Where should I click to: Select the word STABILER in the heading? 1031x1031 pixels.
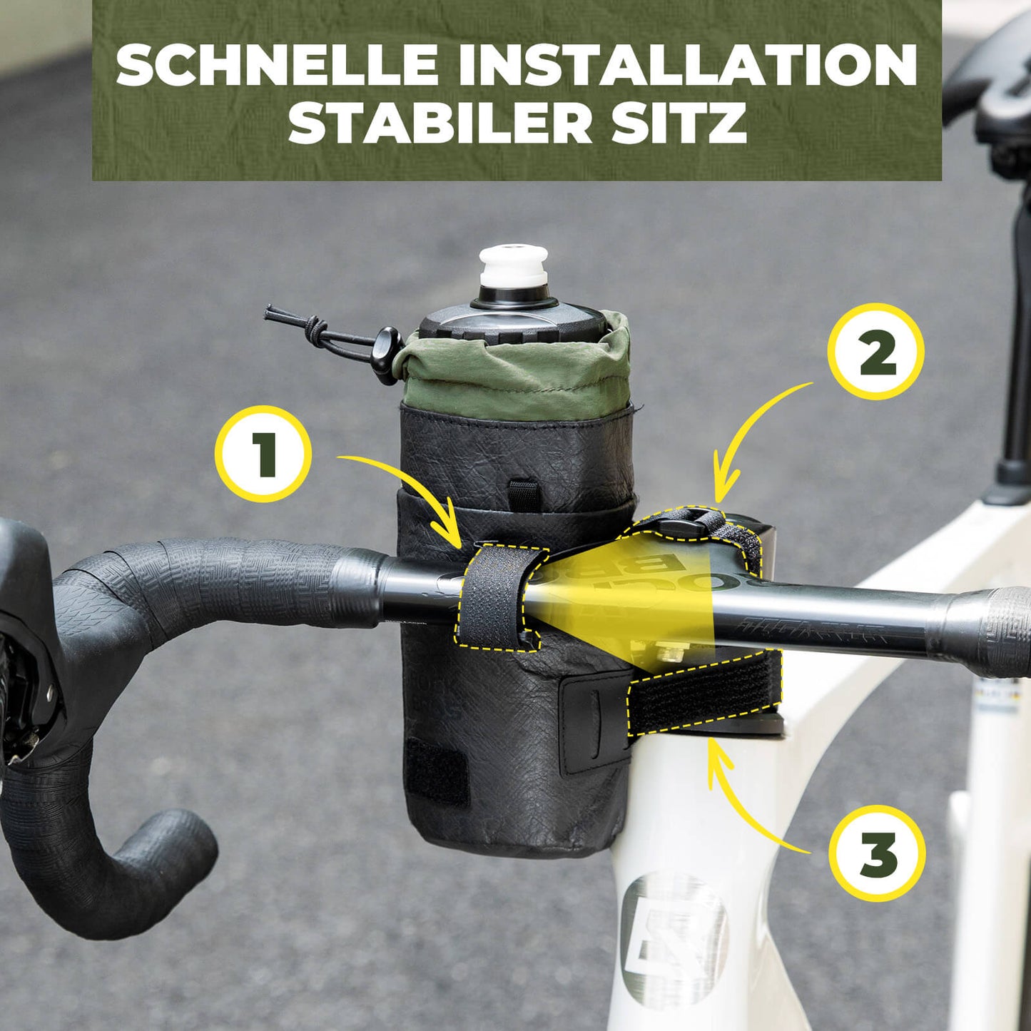(x=440, y=123)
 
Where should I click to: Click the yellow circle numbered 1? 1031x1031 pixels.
(x=263, y=454)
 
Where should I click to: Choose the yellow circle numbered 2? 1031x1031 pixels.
(x=875, y=351)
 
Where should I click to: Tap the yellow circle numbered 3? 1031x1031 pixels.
(x=878, y=853)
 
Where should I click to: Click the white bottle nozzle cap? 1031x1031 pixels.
(x=513, y=266)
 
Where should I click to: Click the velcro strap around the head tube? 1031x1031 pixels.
(x=703, y=696)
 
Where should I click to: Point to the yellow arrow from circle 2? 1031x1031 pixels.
(x=756, y=428)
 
